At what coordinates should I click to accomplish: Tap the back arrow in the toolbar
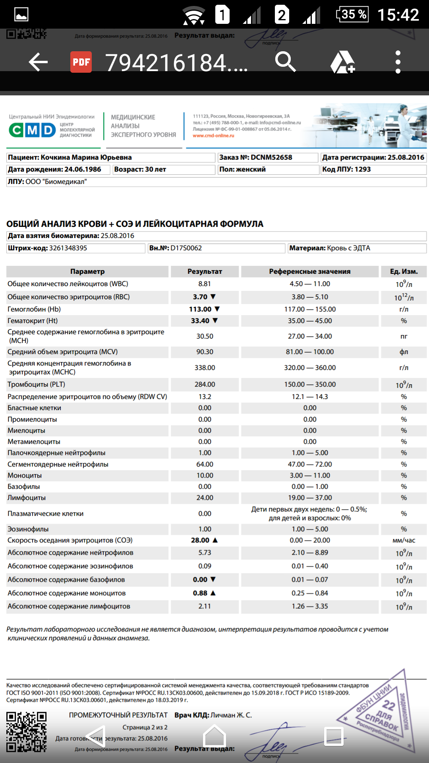[38, 62]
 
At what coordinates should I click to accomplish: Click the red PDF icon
[81, 62]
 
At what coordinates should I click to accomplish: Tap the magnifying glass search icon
[285, 62]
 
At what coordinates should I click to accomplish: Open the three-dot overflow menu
[398, 62]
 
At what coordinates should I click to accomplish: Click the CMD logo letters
[32, 130]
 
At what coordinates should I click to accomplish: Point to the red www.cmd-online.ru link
[213, 136]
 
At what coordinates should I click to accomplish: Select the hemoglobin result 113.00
[200, 309]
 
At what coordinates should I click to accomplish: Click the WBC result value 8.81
[205, 284]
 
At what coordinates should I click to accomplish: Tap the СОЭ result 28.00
[200, 540]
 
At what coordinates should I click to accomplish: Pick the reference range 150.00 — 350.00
[310, 384]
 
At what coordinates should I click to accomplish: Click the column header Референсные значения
[310, 271]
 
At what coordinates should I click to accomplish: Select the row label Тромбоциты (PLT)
[36, 384]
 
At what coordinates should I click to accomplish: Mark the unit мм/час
[404, 540]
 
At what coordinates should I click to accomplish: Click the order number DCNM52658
[271, 157]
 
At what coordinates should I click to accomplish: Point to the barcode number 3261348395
[68, 248]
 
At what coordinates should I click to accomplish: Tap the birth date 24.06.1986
[83, 169]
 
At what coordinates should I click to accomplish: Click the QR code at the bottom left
[27, 732]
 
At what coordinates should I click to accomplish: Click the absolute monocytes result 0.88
[200, 593]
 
